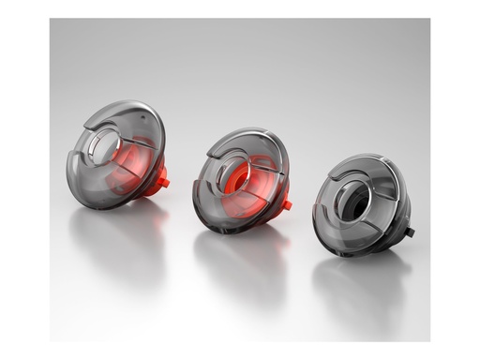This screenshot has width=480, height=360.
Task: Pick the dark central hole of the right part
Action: click(355, 200)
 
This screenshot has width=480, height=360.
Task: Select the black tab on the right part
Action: click(409, 231)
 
